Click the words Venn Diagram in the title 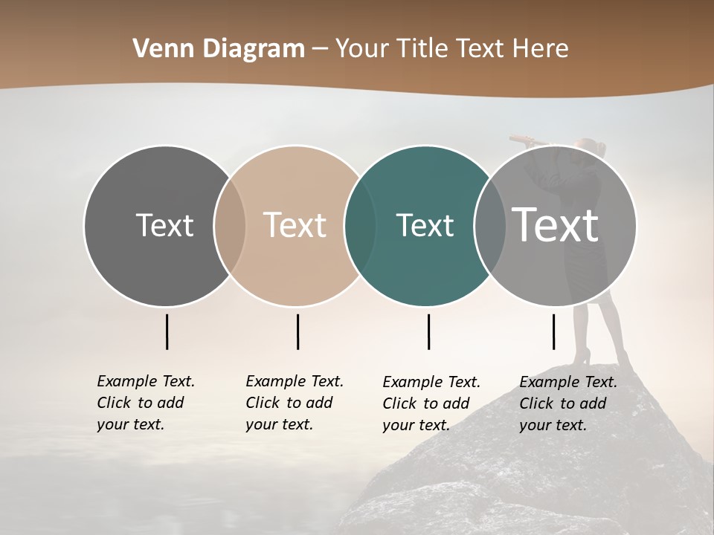[x=219, y=49]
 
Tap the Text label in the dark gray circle [x=164, y=225]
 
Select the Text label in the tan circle [x=295, y=225]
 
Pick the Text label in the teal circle [x=425, y=225]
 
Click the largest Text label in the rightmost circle [x=556, y=224]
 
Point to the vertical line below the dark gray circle [x=167, y=331]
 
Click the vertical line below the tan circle [x=297, y=331]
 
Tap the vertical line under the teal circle [x=428, y=331]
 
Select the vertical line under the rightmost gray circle [x=553, y=331]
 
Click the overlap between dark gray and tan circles [x=230, y=226]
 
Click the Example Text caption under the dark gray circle [x=145, y=403]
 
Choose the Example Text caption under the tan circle [x=294, y=403]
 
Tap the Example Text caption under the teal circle [x=431, y=403]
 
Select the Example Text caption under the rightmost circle [x=567, y=403]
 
